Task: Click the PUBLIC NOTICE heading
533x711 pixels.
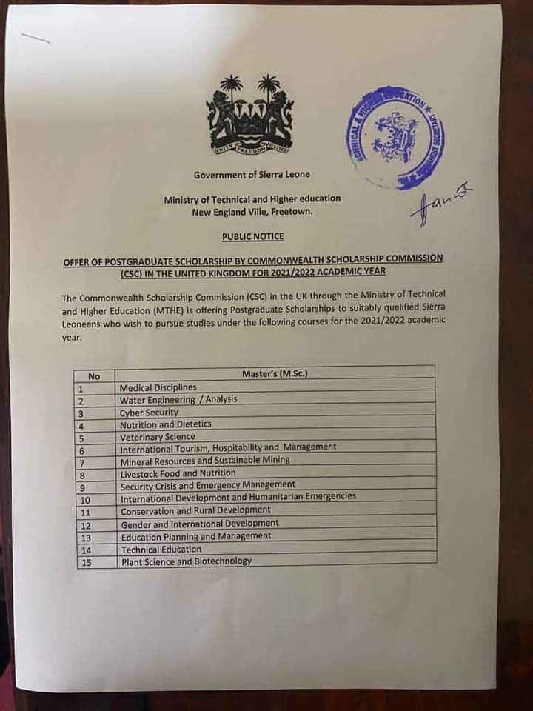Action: [x=252, y=237]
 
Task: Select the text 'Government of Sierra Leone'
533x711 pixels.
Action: [x=252, y=175]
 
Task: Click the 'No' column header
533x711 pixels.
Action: [x=94, y=376]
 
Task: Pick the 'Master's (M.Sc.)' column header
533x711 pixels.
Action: [x=275, y=374]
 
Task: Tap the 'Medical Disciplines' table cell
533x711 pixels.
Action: [x=158, y=387]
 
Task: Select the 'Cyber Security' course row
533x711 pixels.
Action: [x=150, y=413]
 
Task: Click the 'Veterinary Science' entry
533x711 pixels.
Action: [x=158, y=437]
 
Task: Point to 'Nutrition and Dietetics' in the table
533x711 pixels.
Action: [x=166, y=424]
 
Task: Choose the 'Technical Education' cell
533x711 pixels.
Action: [x=161, y=550]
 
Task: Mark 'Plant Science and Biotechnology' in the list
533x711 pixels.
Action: [x=186, y=561]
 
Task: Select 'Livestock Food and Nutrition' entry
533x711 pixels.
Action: [x=178, y=473]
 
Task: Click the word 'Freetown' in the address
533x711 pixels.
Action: [x=292, y=212]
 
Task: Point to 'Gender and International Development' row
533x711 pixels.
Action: [x=200, y=524]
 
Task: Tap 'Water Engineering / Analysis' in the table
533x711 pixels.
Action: [x=178, y=400]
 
